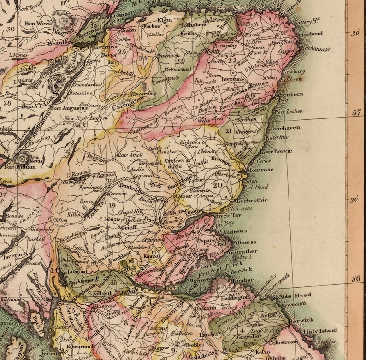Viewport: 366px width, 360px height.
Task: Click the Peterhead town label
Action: (x=310, y=33)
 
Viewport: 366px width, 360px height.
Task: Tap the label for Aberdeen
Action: (x=289, y=94)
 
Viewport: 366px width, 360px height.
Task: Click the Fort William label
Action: (x=19, y=167)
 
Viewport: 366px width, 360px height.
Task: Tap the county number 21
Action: (x=230, y=131)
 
